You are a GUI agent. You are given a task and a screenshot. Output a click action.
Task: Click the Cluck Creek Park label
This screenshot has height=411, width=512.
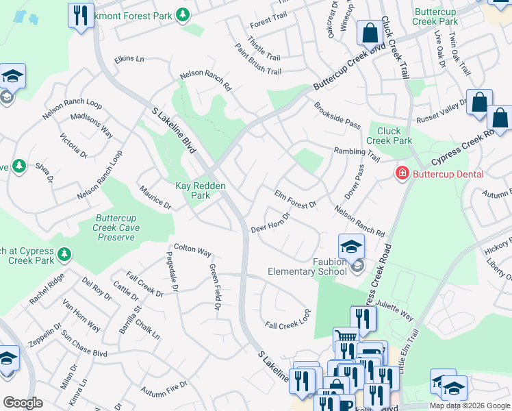point(389,136)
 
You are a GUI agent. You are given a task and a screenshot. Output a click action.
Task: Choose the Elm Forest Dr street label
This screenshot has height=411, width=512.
point(296,199)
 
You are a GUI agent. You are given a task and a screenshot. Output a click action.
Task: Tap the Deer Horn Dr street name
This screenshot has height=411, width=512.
point(270,223)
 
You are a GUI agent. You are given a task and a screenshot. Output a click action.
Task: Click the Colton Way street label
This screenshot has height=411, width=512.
point(192,251)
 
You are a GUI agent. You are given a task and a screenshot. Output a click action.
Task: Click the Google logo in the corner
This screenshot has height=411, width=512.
point(23,403)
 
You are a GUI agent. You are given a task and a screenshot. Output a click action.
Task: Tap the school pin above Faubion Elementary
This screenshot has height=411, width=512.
point(351,247)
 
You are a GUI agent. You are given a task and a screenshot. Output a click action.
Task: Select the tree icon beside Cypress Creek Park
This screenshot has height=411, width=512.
point(64,255)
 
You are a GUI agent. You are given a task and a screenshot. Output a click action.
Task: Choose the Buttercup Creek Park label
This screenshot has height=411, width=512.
point(435,16)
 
